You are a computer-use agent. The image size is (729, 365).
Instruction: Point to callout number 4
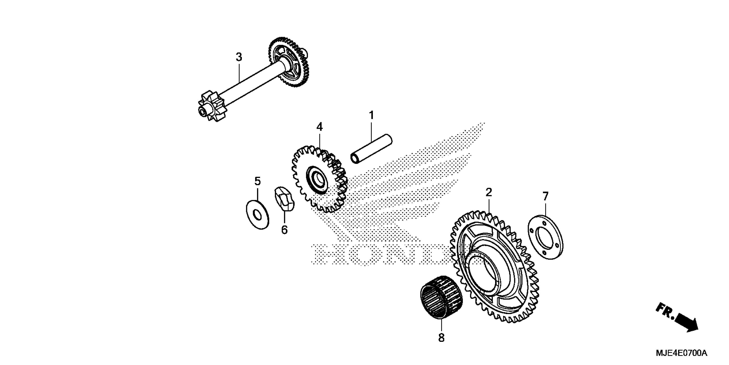coord(319,127)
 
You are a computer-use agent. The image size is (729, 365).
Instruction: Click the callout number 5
coord(257,181)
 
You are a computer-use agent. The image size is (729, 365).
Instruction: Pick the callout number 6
coord(284,230)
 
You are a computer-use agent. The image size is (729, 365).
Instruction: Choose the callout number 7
coord(545,196)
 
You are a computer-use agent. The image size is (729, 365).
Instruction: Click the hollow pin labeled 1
coord(371,149)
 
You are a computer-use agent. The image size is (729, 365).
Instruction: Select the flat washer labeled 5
coord(258,215)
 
